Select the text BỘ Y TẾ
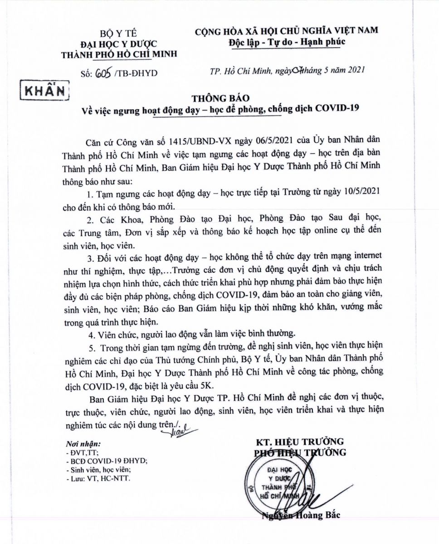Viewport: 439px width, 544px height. coord(119,33)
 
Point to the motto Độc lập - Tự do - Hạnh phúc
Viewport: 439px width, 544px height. coord(287,42)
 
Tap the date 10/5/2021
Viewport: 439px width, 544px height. coord(355,193)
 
